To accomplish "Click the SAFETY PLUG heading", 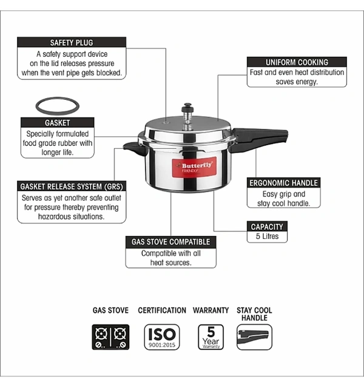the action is point(72,43).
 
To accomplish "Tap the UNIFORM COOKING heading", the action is point(297,62).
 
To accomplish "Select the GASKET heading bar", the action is point(57,123).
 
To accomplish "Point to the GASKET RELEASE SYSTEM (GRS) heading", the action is point(72,186).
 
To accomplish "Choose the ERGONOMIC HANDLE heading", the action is point(284,183).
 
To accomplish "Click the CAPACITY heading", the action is point(267,227).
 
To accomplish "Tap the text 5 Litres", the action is point(268,236).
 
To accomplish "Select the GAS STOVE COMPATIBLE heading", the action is point(170,242).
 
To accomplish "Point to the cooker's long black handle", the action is point(260,140).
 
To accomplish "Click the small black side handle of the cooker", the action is point(134,148).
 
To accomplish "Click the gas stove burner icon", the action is point(110,337).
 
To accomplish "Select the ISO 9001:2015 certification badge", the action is point(162,337).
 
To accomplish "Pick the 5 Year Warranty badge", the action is point(211,337).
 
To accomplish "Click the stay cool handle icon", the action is point(254,337).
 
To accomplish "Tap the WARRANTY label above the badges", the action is point(211,310).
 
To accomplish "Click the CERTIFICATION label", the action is point(162,310).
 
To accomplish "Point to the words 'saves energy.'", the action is point(297,82).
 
